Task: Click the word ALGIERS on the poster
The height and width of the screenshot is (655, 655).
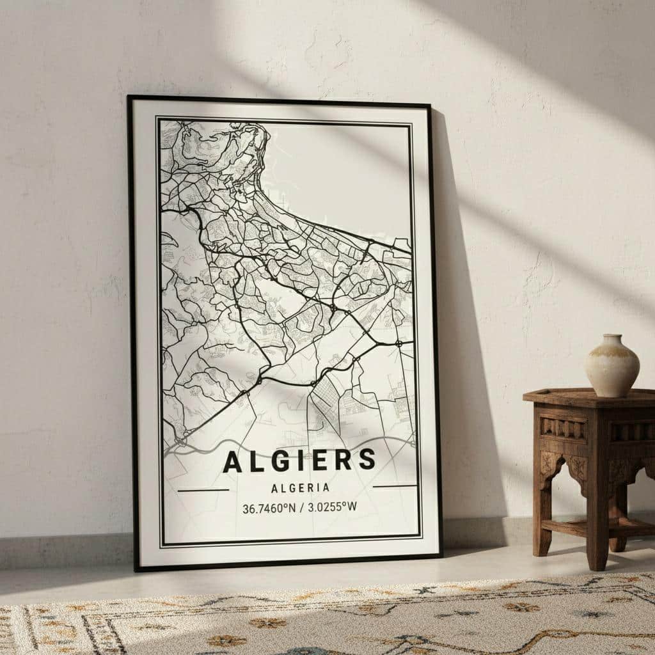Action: pos(299,461)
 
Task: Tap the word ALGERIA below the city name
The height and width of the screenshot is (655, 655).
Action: pos(300,488)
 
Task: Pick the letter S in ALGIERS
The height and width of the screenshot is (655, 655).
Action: pos(367,459)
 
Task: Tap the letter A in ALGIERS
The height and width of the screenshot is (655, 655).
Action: pos(232,462)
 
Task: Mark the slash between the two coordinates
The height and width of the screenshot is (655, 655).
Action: pos(299,509)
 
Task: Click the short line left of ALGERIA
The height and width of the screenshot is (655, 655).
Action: pos(203,490)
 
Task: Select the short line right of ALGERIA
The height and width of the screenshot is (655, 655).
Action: pos(394,487)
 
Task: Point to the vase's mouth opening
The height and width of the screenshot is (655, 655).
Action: pos(613,336)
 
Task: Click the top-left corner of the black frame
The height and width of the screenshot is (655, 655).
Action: pos(129,98)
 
